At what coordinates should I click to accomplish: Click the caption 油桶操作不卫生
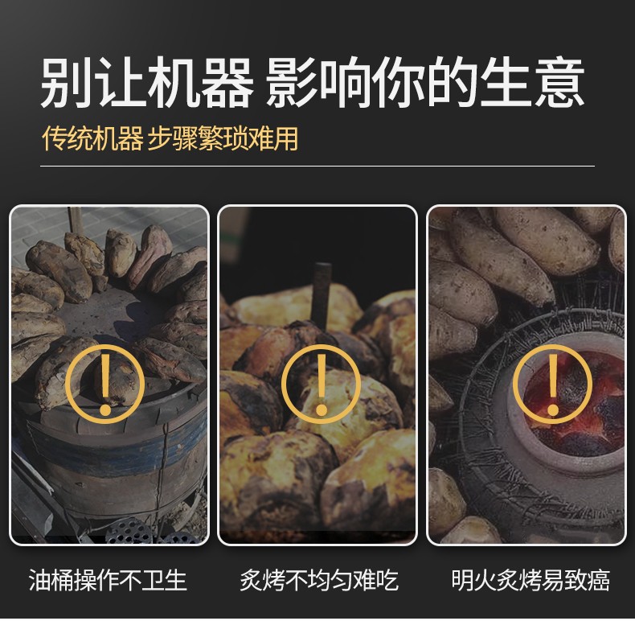(109, 580)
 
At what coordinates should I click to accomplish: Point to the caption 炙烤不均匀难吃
(318, 580)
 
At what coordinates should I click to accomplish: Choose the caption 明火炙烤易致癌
(531, 580)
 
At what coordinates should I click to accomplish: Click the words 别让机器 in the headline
(146, 84)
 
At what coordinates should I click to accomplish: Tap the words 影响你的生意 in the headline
(428, 84)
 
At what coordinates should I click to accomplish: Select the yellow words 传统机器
(92, 138)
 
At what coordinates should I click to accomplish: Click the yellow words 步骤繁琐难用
(223, 138)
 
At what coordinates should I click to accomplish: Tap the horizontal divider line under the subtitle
(317, 166)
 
